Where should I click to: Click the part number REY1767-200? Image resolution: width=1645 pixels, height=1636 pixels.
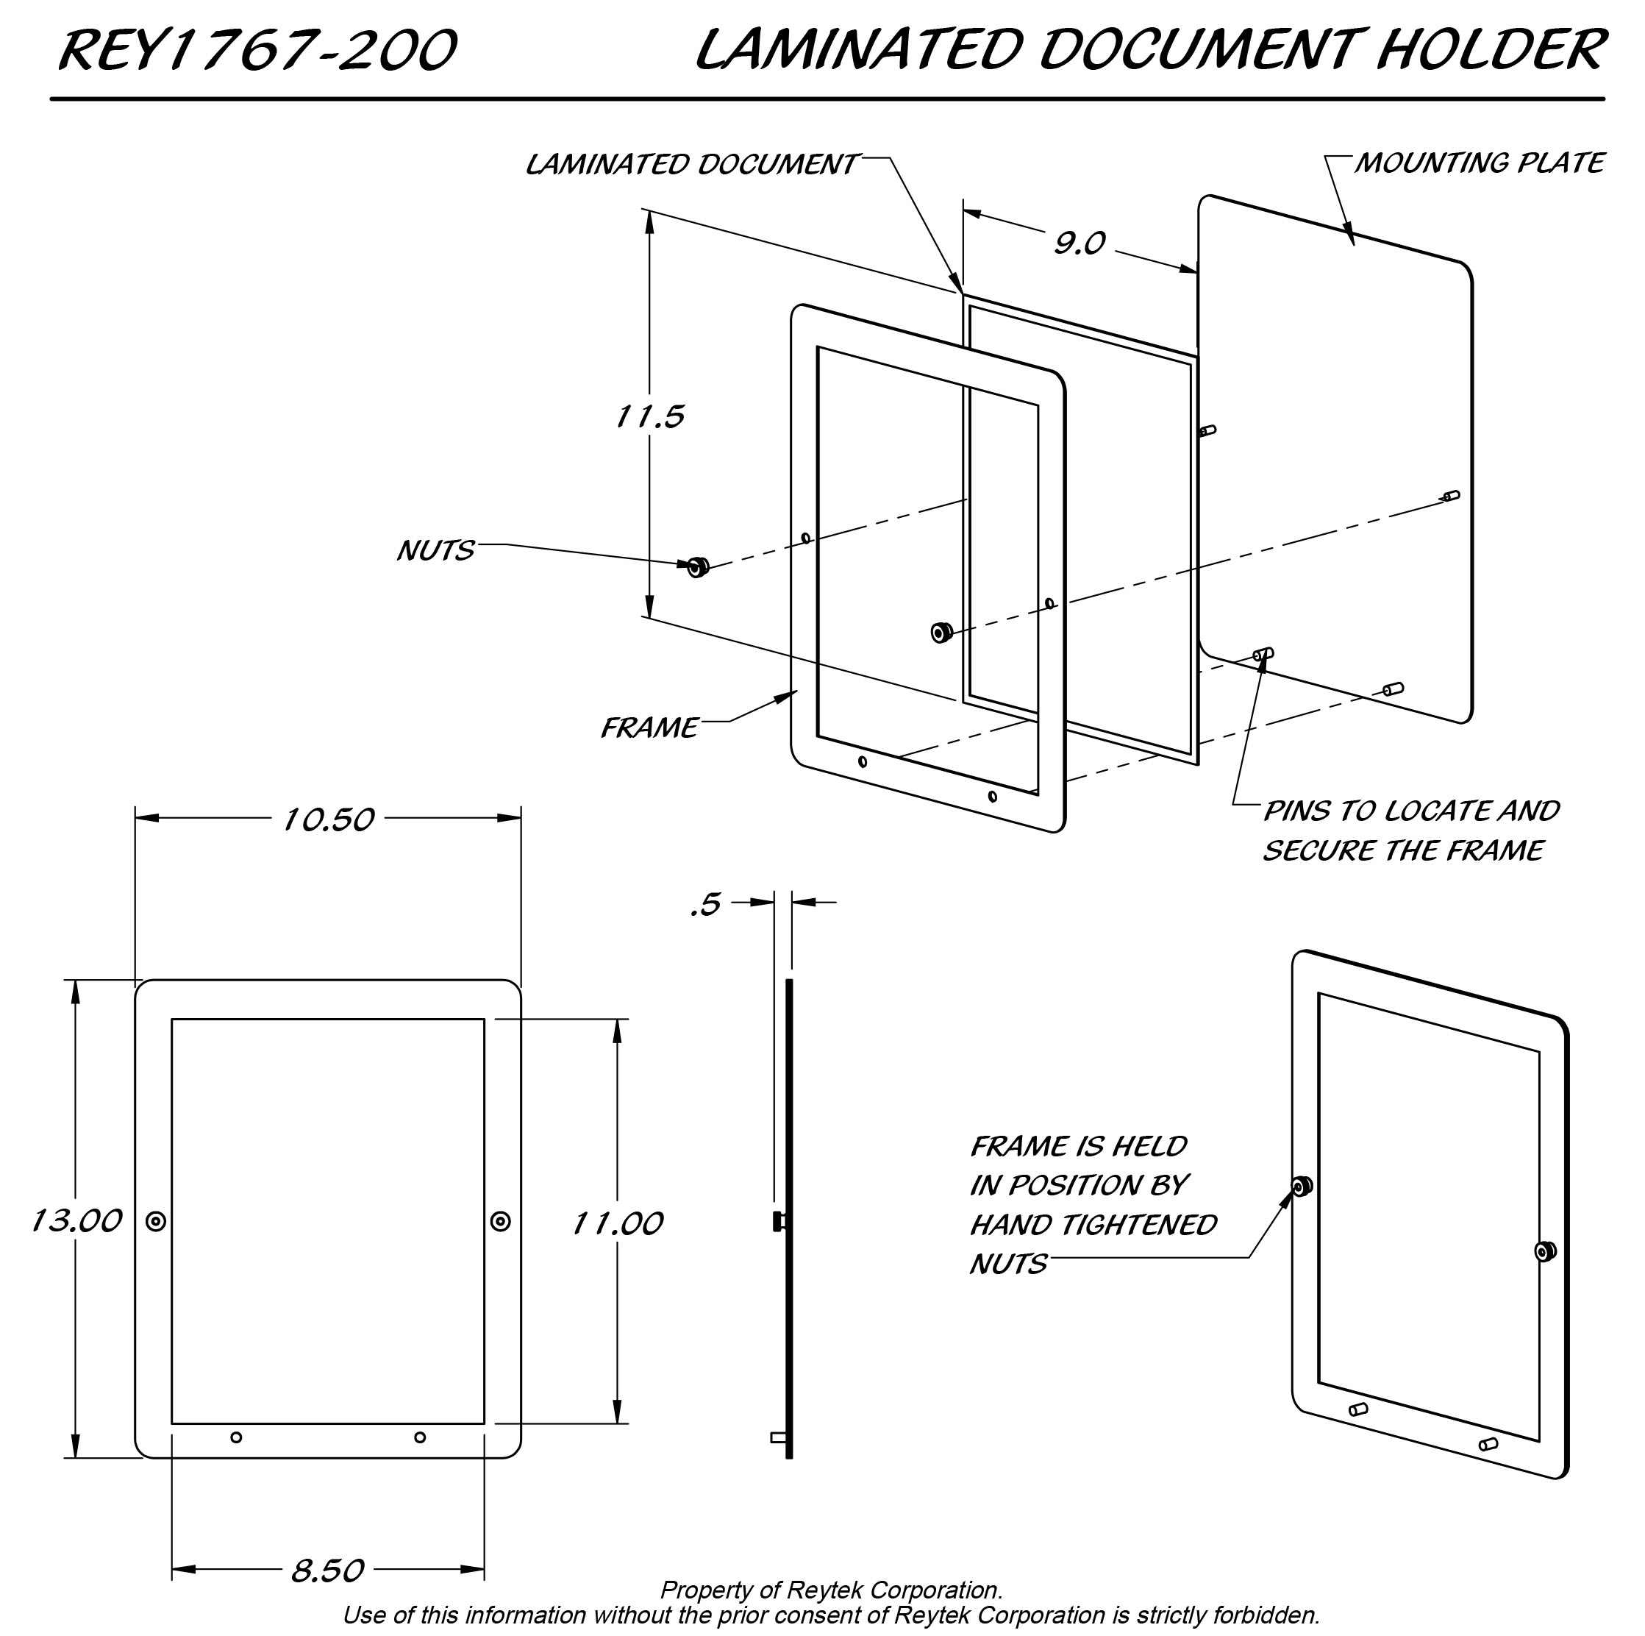[x=258, y=51]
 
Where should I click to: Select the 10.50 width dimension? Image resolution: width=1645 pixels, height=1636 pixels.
[x=328, y=820]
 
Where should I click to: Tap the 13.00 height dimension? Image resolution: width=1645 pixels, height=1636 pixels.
[x=76, y=1221]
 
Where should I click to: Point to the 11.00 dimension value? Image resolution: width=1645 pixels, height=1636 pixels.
[x=617, y=1224]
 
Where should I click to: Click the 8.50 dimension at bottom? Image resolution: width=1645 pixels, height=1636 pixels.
[x=328, y=1571]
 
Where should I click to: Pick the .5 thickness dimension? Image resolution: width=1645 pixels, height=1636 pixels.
[x=706, y=905]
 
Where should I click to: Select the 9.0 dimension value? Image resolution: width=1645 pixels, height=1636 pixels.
[x=1079, y=243]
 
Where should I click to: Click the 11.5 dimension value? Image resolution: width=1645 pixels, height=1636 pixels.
[x=649, y=416]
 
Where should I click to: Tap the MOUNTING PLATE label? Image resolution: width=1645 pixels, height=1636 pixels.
[x=1479, y=163]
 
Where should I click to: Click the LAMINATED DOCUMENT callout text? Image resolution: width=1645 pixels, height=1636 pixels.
[x=691, y=164]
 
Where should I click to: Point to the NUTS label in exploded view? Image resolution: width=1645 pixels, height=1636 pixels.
[x=435, y=551]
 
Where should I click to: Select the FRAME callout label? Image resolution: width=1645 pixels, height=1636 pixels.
[x=649, y=728]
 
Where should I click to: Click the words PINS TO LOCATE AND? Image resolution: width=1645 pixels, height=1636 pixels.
[x=1411, y=811]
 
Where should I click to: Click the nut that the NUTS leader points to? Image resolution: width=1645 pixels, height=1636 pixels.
[x=698, y=566]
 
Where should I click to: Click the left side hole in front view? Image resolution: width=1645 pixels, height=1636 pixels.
[x=156, y=1221]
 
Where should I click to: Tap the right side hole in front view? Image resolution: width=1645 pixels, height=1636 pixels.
[x=501, y=1221]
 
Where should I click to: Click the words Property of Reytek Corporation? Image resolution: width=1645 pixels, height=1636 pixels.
[x=831, y=1590]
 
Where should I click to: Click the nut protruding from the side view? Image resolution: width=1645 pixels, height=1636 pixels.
[x=778, y=1222]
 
